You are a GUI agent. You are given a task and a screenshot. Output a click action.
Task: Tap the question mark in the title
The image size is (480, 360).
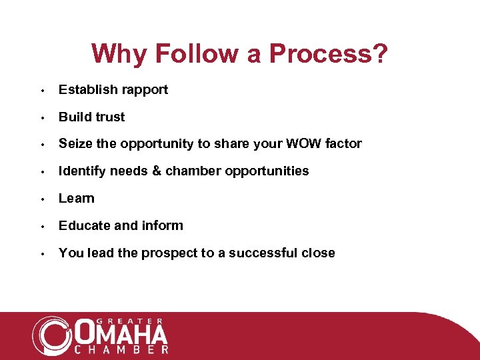click(x=379, y=53)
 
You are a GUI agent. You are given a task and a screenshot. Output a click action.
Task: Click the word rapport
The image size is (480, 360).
click(x=145, y=90)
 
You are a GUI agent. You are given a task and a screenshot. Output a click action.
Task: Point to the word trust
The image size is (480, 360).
click(x=109, y=117)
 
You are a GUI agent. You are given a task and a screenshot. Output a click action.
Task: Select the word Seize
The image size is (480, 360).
click(x=75, y=143)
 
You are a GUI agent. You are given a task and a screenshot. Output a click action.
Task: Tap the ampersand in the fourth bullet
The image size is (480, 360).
click(x=157, y=171)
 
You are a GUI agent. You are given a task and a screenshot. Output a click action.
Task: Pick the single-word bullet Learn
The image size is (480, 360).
click(x=77, y=198)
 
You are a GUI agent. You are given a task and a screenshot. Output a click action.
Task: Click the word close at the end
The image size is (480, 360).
click(x=318, y=253)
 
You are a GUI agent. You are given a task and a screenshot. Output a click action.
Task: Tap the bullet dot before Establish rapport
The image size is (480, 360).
click(x=42, y=90)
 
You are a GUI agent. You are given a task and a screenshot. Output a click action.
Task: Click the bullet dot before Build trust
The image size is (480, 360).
click(x=42, y=117)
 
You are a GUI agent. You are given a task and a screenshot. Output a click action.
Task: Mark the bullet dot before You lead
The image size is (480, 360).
click(x=42, y=253)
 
